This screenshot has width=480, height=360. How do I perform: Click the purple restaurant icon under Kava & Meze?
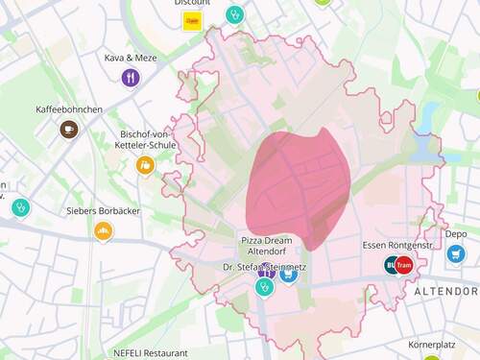[x=131, y=78]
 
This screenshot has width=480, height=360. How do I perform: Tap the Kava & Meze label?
[x=131, y=58]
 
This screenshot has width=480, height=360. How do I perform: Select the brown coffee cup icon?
[x=69, y=129]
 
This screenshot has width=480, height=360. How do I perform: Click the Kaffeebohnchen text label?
[x=69, y=109]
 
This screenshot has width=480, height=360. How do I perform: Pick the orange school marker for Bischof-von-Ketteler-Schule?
[x=145, y=165]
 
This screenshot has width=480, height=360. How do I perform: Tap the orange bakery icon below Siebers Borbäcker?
[x=103, y=231]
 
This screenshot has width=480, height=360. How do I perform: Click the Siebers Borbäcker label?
[x=102, y=210]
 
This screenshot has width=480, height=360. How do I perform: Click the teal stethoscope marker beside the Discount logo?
[x=234, y=14]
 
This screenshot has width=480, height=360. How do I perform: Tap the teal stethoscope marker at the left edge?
[x=19, y=207]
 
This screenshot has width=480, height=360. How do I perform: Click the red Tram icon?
[x=403, y=264]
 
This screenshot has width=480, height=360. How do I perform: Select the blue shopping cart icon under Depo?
[x=456, y=254]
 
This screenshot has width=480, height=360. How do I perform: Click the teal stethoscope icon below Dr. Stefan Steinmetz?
[x=264, y=286]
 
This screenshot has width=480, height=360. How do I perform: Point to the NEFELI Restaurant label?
[x=152, y=352]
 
